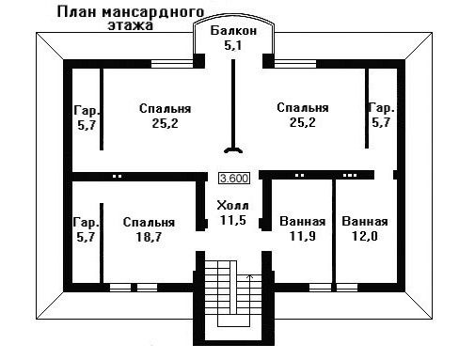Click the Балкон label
point(233,31)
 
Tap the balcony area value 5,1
point(232,46)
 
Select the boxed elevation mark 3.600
point(234,179)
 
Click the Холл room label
point(232,206)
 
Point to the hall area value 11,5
point(232,220)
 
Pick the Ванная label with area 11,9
point(303,221)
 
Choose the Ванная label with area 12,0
point(365,221)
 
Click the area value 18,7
point(149,237)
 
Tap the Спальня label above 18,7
point(149,222)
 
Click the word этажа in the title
point(131,25)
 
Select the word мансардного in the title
point(153,12)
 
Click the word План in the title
point(77,12)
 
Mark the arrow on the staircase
point(250,277)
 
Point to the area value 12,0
point(364,236)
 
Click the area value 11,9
point(302,236)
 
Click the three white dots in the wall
point(350,175)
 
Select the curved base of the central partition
point(233,149)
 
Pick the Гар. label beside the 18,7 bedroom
point(87,222)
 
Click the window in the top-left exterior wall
point(172,64)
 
